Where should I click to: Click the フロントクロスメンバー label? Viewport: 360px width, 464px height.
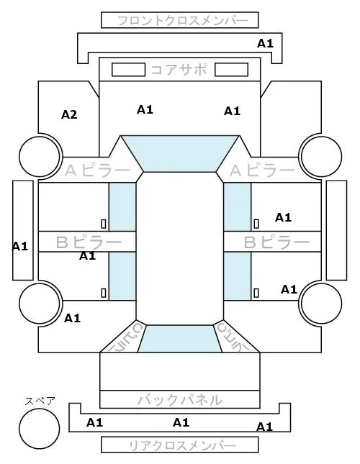(182, 21)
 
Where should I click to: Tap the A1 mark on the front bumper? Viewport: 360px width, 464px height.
(265, 43)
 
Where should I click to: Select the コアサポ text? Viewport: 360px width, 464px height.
(179, 70)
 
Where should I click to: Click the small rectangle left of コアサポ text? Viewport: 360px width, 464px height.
(128, 70)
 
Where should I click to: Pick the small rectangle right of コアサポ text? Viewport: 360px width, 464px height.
(231, 70)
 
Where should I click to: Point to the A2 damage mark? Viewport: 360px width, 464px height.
(69, 114)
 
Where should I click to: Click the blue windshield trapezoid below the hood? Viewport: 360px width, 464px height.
(180, 154)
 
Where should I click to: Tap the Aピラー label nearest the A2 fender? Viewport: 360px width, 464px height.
(97, 170)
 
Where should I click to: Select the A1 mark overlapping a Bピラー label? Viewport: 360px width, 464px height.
(87, 255)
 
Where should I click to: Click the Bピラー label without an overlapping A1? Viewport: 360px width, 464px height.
(276, 242)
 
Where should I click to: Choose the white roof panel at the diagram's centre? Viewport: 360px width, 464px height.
(180, 249)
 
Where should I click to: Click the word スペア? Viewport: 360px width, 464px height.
(40, 401)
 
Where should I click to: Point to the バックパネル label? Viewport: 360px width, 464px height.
(180, 400)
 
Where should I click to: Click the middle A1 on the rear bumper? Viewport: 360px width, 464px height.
(181, 422)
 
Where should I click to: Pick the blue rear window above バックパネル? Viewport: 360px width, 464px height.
(180, 339)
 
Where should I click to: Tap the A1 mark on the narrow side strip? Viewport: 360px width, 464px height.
(20, 246)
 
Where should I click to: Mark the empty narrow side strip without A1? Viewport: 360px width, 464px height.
(336, 230)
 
